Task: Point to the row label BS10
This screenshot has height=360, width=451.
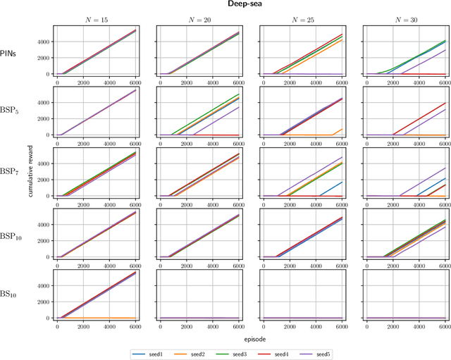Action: (x=16, y=294)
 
